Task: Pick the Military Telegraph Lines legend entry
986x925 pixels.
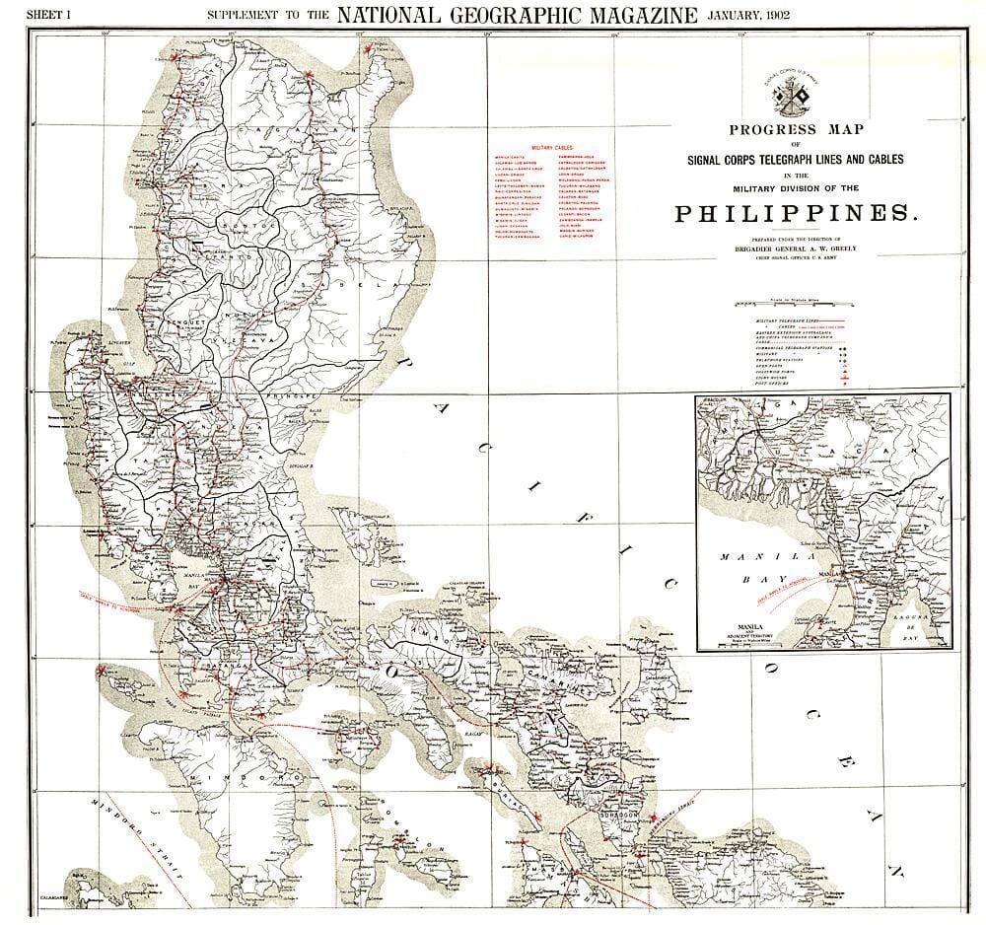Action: tap(789, 321)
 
